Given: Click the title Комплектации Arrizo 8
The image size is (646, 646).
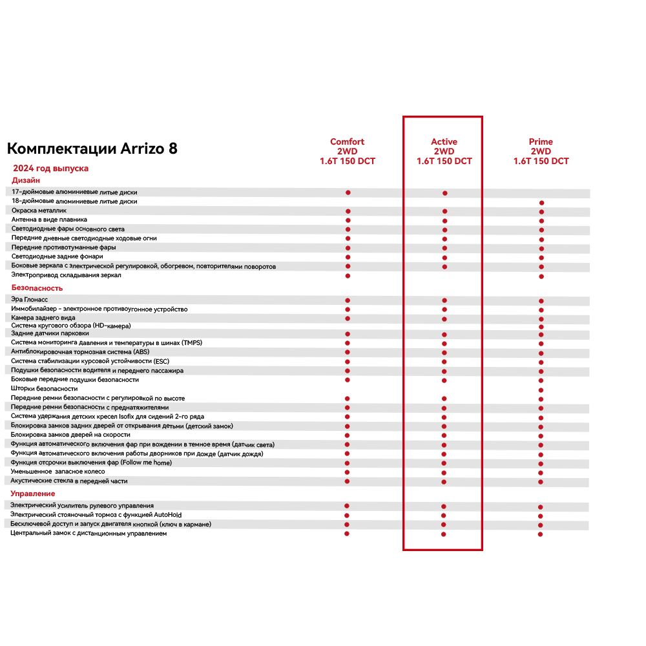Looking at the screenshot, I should point(92,149).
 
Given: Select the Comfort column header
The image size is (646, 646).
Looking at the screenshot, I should point(348,152).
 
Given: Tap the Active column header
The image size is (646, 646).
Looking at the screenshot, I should point(444,152).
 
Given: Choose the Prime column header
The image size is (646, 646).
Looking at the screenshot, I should point(541,152).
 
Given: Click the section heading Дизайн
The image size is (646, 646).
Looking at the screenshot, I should point(26,180).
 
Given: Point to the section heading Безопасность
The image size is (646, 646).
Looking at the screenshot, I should point(37,287).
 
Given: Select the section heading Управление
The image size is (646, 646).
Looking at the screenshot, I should point(32,494).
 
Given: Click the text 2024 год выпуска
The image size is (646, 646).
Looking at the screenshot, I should point(51,168).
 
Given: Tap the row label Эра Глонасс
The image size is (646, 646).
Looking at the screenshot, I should point(30,300).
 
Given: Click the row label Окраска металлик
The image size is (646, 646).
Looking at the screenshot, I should point(39,211).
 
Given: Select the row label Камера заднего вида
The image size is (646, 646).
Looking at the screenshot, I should point(43,318).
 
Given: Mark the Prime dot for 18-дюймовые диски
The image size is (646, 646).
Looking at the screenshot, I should point(541,203).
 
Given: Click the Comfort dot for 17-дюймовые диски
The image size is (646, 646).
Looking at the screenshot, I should point(348,193).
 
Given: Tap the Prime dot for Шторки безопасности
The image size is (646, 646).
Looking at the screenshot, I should point(541,390).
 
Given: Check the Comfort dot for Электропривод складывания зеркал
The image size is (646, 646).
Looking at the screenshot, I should point(348,276).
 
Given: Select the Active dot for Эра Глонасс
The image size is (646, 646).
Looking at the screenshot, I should point(444,300).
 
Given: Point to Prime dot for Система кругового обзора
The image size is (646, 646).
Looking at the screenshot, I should point(541,327).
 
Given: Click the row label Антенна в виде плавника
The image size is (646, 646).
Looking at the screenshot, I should point(49,220).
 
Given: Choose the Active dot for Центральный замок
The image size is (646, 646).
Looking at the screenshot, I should point(444,534).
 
